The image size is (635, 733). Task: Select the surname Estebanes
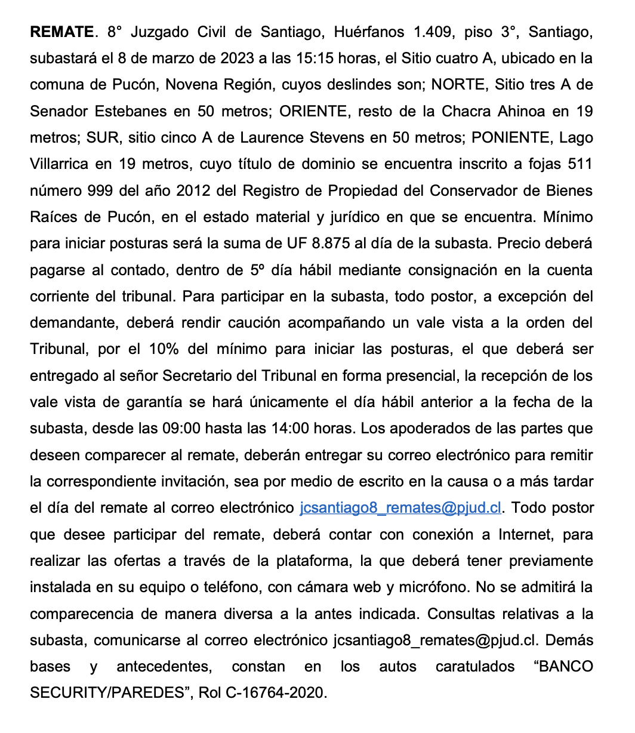coord(138,112)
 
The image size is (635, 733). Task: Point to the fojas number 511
coord(578,164)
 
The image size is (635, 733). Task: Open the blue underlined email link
coord(400,508)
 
